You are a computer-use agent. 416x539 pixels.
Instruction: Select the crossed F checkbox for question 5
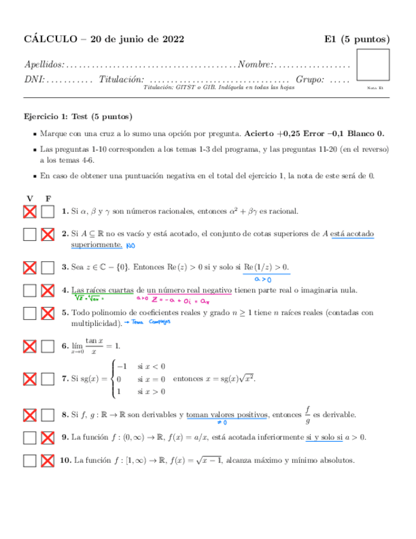tap(47, 314)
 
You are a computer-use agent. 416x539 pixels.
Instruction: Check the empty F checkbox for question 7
tap(47, 379)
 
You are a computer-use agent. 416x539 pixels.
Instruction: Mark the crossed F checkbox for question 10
tap(47, 460)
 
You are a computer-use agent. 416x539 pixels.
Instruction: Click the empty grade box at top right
tap(373, 66)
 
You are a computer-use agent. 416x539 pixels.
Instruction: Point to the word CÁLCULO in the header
tap(50, 39)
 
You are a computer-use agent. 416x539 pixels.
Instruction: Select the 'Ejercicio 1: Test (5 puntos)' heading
tap(78, 117)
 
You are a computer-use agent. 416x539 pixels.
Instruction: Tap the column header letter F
tap(48, 198)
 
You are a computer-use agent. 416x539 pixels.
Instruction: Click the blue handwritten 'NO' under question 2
tap(131, 245)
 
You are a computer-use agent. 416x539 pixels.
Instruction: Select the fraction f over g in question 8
tap(307, 415)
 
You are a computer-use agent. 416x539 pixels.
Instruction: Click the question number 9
tap(65, 437)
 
